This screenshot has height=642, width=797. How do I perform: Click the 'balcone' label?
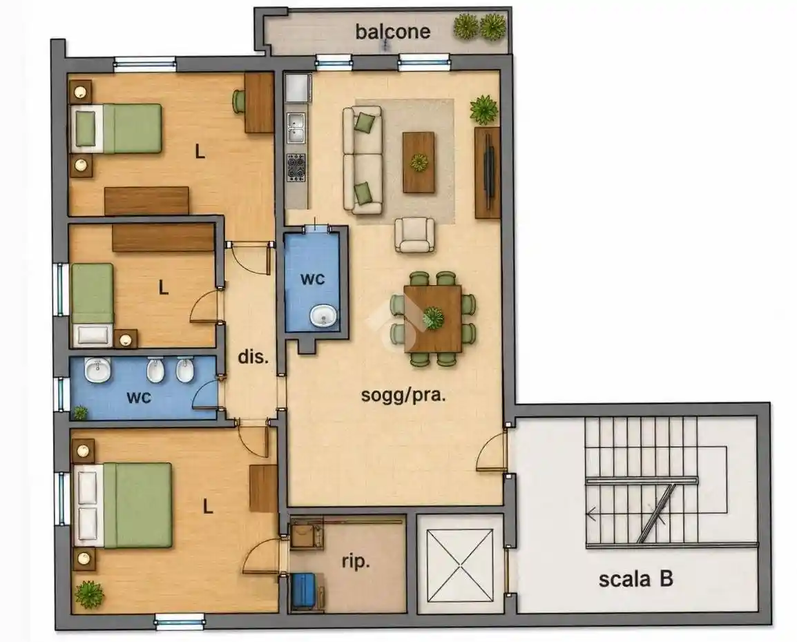(392, 32)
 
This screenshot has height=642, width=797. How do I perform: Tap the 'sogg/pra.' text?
(403, 395)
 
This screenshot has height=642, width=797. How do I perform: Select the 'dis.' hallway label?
(253, 357)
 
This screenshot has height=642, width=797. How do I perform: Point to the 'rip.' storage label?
(355, 562)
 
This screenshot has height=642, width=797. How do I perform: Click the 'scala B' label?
(636, 579)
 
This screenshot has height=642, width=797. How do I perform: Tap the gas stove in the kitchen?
(296, 168)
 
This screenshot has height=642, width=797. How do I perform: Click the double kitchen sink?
(296, 128)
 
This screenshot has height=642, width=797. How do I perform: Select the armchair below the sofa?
(415, 235)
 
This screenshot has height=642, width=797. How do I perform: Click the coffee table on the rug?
(419, 162)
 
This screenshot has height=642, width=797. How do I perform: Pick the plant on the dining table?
(432, 318)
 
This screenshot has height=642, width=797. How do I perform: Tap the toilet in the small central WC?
(323, 316)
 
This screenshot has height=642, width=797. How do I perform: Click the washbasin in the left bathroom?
(97, 370)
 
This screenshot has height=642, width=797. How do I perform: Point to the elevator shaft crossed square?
(460, 564)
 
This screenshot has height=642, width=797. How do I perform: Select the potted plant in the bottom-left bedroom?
(90, 595)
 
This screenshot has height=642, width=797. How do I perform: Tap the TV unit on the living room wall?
(488, 173)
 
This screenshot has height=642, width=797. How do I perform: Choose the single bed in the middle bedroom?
(93, 304)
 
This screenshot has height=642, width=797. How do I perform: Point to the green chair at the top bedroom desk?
(239, 101)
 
